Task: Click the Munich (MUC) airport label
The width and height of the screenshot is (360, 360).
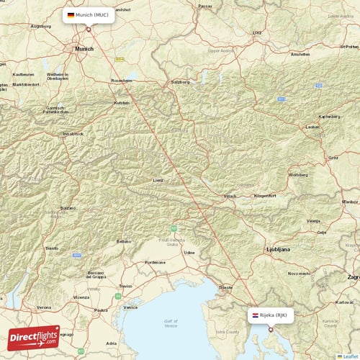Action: (x=92, y=15)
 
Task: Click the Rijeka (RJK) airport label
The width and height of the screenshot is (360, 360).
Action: (x=277, y=315)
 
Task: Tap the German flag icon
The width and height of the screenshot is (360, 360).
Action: (x=71, y=15)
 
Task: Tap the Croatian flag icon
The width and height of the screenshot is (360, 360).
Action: (x=256, y=315)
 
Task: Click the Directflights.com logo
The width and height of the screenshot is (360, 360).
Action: (x=34, y=336)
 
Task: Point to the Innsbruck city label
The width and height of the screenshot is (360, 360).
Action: (x=73, y=133)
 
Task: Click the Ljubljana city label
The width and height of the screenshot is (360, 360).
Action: (x=278, y=249)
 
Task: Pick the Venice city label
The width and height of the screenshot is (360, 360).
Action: (x=130, y=307)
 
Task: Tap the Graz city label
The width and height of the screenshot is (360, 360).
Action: (x=333, y=157)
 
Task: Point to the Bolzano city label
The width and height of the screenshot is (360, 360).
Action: (x=67, y=208)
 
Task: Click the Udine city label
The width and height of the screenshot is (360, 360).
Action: (x=189, y=253)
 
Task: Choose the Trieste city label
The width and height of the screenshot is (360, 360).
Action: (x=227, y=287)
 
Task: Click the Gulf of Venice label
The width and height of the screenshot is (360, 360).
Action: (x=170, y=321)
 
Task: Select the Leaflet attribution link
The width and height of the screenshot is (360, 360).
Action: (x=350, y=356)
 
